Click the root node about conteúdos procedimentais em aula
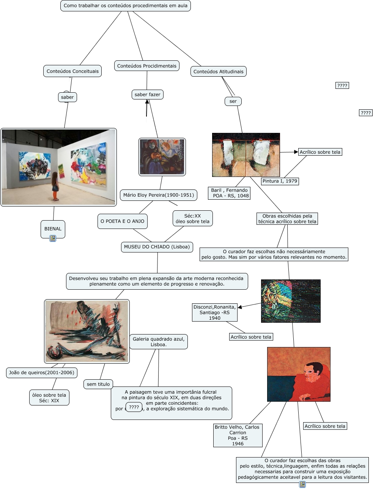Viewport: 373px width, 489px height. (125, 6)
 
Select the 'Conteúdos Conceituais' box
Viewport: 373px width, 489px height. (72, 71)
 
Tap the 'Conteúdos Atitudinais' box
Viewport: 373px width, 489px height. (218, 71)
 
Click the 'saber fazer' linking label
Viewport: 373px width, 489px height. (147, 95)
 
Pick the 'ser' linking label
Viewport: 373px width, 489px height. (233, 101)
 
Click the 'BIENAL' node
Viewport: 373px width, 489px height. (53, 229)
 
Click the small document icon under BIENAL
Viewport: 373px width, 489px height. (53, 238)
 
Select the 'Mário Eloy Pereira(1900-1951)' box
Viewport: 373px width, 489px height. (159, 195)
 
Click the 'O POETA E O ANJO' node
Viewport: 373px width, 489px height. (122, 221)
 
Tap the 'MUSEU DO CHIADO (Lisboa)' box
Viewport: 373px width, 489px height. (157, 247)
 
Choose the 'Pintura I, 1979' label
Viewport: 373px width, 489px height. (280, 181)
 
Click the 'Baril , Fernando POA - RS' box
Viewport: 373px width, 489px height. (230, 193)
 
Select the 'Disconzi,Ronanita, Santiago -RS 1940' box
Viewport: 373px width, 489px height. (214, 312)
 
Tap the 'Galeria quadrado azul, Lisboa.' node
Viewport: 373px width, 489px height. (159, 342)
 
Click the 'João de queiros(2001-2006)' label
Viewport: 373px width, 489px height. (42, 372)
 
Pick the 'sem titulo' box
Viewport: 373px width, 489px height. (98, 384)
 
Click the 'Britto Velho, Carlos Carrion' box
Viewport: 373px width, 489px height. (238, 435)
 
